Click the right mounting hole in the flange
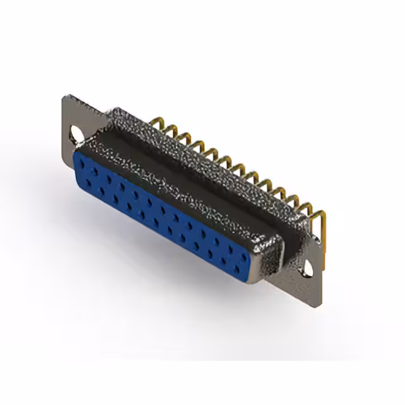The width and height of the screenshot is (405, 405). click(x=308, y=268)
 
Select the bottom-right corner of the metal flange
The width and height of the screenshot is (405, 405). click(x=320, y=304)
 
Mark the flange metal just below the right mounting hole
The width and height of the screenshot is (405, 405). click(x=310, y=288)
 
